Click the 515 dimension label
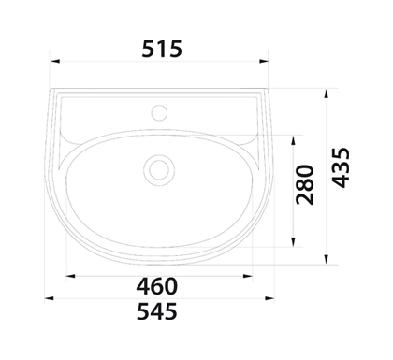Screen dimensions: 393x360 pyautogui.click(x=162, y=49)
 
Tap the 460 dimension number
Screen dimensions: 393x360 pyautogui.click(x=157, y=286)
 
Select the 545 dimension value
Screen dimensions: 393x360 pyautogui.click(x=157, y=311)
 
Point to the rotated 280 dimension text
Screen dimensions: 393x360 pyautogui.click(x=305, y=184)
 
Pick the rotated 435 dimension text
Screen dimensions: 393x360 pyautogui.click(x=341, y=167)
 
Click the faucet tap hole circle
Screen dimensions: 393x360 pyautogui.click(x=159, y=112)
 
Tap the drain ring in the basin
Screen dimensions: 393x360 pyautogui.click(x=159, y=170)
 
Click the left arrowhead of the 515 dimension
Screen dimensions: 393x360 pyautogui.click(x=55, y=61)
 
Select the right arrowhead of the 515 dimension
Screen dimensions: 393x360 pyautogui.click(x=264, y=61)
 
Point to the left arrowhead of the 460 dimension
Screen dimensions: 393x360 pyautogui.click(x=71, y=276)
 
